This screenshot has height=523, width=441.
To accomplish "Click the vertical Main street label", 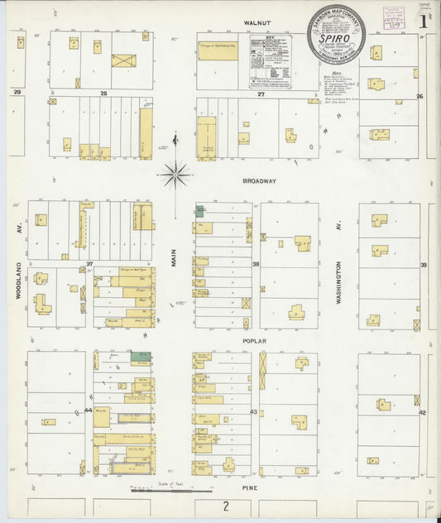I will point(175,260).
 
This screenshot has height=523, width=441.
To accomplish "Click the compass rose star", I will point(175,174).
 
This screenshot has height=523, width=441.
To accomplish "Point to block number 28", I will point(103,94).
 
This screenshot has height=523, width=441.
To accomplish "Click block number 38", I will point(256,264).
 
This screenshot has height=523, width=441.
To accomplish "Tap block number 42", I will point(422,411).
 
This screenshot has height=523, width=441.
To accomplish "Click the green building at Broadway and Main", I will point(199,211).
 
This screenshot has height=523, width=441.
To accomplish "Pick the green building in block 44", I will point(145,359).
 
